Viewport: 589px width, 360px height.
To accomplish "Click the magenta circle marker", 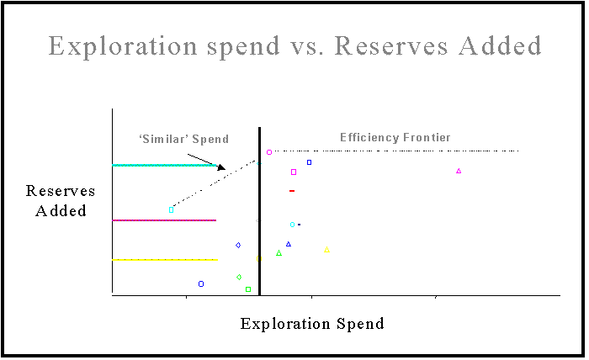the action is coord(269,152).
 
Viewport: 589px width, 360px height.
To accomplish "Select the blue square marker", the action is coord(309,162).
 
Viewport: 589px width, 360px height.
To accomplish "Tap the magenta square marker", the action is coord(294,172).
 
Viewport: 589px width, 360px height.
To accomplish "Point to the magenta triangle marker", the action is coord(459,172).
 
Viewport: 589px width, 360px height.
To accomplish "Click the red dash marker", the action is coord(292,191).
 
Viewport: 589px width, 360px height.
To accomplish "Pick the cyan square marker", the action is coord(172,209).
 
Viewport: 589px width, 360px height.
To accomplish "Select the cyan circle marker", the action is coord(293,225).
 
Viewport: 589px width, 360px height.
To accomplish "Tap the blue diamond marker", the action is coord(238,246).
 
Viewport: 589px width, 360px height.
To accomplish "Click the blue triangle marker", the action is coord(289,245).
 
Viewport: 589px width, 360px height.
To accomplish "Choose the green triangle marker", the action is coord(279,253).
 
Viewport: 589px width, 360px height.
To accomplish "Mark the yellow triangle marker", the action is coord(326,250).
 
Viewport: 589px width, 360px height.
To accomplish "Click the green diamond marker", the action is coord(239,278).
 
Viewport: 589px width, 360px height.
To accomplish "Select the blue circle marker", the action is coord(201,283).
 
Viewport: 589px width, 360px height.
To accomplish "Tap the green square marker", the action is coord(248,289).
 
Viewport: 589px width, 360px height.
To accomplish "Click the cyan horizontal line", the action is coord(165,165).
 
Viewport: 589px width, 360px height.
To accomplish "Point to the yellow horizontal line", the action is coord(165,260).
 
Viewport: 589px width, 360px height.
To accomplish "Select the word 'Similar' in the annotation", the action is coord(163,140).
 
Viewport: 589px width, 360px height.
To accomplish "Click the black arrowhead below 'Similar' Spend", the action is coord(221,167).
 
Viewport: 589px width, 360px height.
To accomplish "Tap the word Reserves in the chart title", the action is coord(391,46).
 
